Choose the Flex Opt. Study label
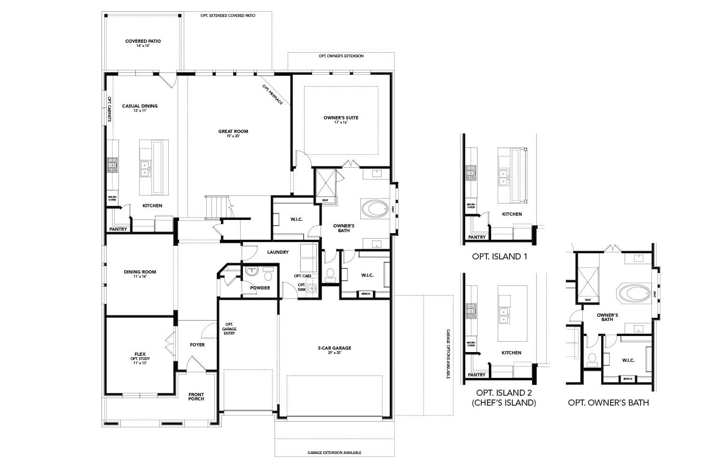140,358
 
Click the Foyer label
197,345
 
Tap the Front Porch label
196,397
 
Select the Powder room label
260,288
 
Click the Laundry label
278,252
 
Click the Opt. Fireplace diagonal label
273,94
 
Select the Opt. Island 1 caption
499,257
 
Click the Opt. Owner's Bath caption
608,402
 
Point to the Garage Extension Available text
334,453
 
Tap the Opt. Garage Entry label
229,329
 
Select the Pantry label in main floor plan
118,229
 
